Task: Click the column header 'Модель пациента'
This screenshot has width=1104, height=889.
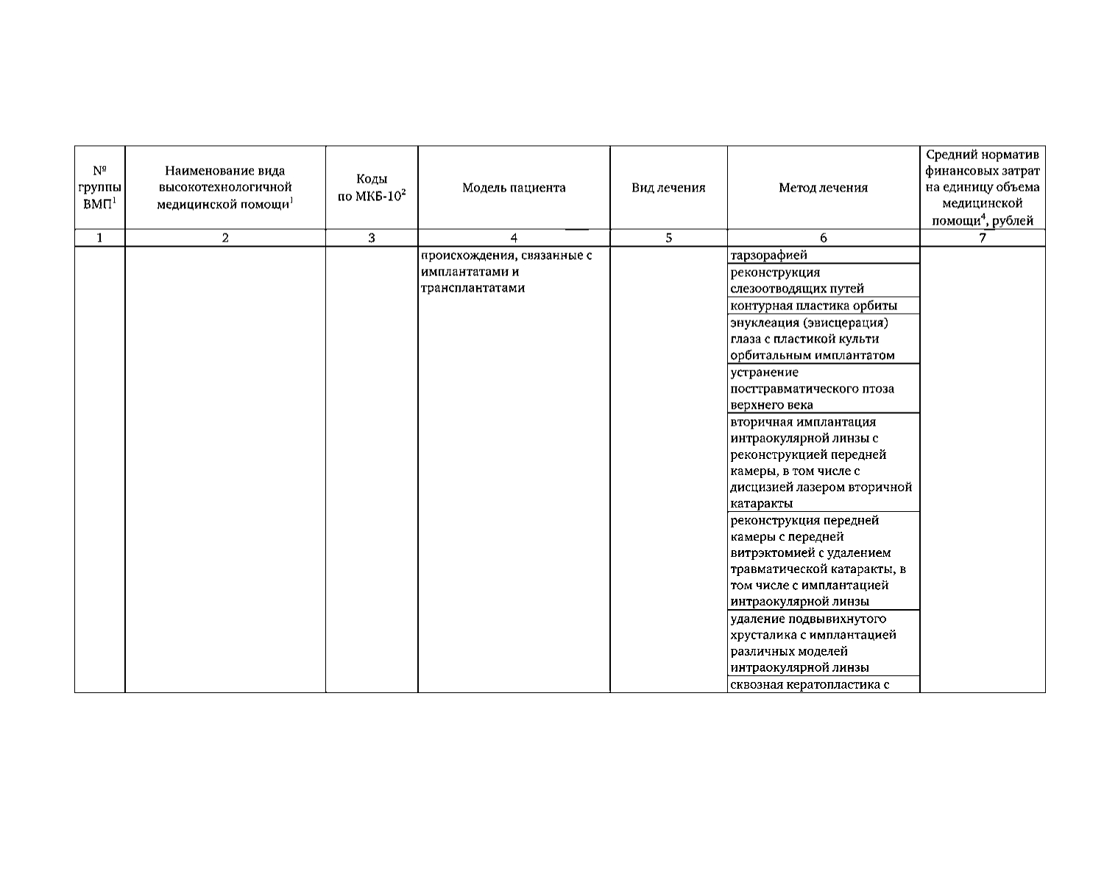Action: (x=514, y=188)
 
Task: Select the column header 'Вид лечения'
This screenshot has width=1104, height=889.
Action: (x=668, y=188)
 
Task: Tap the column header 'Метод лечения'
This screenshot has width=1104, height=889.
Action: (x=823, y=188)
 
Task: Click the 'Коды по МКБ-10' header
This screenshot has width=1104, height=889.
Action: (x=372, y=189)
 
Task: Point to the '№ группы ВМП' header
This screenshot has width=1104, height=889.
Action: (x=100, y=188)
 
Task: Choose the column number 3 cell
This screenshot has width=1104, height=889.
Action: (x=372, y=238)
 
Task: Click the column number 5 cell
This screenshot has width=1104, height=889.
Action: (x=668, y=238)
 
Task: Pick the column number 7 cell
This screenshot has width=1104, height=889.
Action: (x=983, y=238)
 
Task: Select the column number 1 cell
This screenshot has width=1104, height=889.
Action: (x=100, y=238)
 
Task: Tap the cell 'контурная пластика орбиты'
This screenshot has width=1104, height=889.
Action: (x=813, y=306)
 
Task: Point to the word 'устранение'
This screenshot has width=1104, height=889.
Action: (x=764, y=372)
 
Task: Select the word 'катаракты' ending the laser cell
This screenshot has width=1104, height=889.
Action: (x=762, y=504)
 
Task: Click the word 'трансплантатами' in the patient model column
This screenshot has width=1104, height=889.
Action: (x=473, y=288)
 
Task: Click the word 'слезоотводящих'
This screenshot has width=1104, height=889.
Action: (x=780, y=289)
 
